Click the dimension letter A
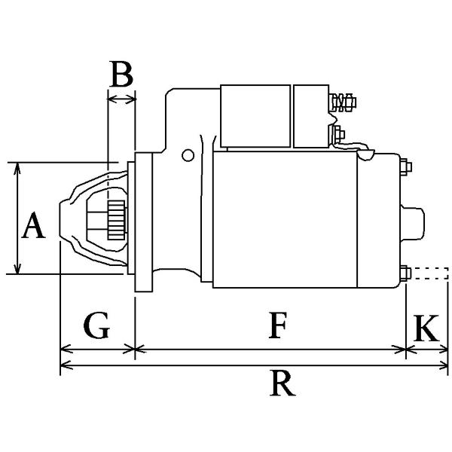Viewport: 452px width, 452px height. pos(33,225)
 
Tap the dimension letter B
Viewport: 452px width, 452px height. pos(121,74)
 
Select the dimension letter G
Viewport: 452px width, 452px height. pos(96,325)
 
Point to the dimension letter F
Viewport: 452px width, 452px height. pos(277,325)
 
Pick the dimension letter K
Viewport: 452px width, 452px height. pos(426,328)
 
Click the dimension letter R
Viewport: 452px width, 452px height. pos(282,384)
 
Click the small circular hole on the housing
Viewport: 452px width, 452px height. pos(188,155)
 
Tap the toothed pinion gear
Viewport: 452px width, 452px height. pos(117,220)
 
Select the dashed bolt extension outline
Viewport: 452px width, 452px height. pos(430,273)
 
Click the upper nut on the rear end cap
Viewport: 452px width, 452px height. pos(406,166)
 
